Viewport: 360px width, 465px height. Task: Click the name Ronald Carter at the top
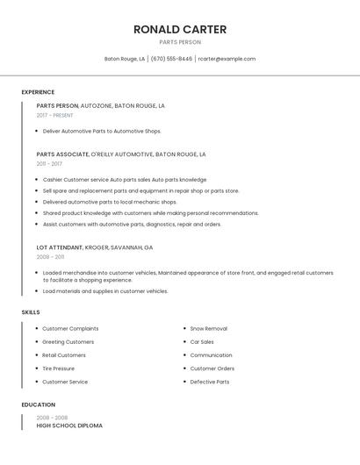pos(180,29)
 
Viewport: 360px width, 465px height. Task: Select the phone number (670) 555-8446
pos(171,59)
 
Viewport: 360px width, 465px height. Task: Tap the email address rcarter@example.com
pos(227,59)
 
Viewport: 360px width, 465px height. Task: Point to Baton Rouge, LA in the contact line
pos(125,59)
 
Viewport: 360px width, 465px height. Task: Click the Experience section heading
pos(38,92)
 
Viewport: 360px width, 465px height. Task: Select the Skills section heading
pos(31,312)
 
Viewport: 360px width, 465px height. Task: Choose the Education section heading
pos(37,404)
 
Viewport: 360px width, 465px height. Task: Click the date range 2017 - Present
pos(54,115)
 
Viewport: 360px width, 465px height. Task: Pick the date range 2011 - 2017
pos(49,163)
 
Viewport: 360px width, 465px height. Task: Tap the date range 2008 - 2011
pos(50,257)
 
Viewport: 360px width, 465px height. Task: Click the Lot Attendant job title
pos(60,247)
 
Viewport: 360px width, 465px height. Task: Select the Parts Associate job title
pos(62,154)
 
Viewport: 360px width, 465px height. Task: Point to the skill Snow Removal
pos(208,328)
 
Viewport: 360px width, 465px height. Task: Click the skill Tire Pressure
pos(59,368)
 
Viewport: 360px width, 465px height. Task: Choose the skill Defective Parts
pos(210,382)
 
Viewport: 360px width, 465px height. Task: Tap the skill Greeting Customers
pos(68,341)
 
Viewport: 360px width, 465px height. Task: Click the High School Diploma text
pos(69,426)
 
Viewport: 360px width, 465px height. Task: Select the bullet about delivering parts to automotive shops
pos(102,131)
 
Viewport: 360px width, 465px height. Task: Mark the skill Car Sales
pos(202,341)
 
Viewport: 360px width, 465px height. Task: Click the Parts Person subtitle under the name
pos(180,42)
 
